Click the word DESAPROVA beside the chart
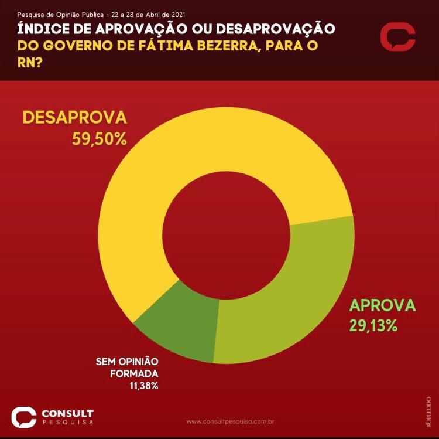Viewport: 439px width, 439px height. (74, 117)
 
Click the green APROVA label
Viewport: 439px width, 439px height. (382, 305)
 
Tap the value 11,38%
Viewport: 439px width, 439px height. (144, 385)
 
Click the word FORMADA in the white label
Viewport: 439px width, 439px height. (137, 373)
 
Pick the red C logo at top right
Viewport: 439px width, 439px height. (397, 38)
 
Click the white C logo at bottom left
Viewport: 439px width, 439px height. (24, 417)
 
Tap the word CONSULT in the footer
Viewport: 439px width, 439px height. (67, 413)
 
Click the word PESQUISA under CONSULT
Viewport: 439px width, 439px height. (67, 422)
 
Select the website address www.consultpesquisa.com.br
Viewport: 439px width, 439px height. (231, 421)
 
